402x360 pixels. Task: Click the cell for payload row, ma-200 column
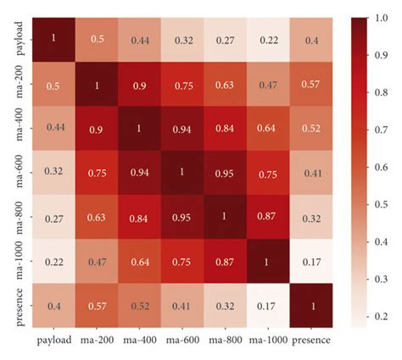click(x=97, y=40)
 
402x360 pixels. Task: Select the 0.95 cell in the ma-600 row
click(x=225, y=173)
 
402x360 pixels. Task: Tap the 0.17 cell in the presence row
click(x=268, y=306)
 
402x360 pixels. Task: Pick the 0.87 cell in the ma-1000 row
click(x=225, y=261)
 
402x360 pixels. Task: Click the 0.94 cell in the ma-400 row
click(x=182, y=129)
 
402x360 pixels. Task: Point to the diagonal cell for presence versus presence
click(x=311, y=306)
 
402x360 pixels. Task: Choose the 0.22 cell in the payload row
click(x=268, y=40)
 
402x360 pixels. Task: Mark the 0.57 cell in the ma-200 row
click(x=311, y=84)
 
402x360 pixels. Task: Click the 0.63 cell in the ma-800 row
click(x=97, y=217)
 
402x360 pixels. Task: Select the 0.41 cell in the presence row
click(x=182, y=306)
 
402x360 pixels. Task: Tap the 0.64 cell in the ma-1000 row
click(x=140, y=261)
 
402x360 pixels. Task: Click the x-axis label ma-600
click(x=182, y=340)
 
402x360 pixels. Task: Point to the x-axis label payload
click(x=54, y=341)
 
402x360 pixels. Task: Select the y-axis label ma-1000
click(x=20, y=261)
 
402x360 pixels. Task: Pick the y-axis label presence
click(x=20, y=307)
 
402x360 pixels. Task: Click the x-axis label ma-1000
click(x=268, y=340)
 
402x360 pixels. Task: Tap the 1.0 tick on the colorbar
click(x=381, y=18)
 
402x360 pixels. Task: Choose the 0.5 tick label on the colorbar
click(x=381, y=204)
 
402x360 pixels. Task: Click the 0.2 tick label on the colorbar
click(x=381, y=317)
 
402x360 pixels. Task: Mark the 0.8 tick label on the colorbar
click(x=381, y=92)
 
